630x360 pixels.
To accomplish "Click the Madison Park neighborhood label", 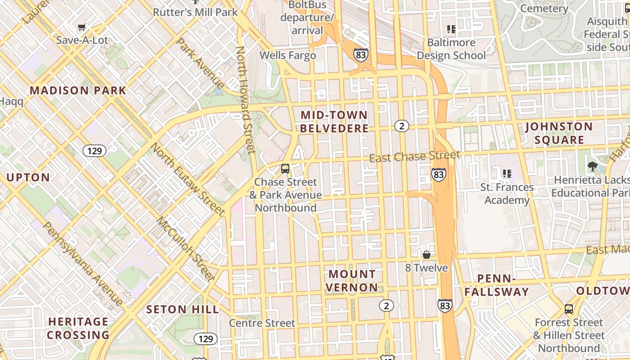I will [x=78, y=90].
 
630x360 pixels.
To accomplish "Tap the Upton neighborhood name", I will [x=28, y=177].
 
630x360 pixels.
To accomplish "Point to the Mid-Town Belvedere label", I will [x=334, y=121].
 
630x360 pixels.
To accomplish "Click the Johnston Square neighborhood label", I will [x=559, y=133].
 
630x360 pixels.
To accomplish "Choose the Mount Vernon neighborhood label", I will [x=352, y=280].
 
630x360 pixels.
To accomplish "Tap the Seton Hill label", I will [x=183, y=310].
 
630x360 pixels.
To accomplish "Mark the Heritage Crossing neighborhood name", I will [x=78, y=328].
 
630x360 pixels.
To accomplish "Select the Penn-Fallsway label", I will [x=496, y=285].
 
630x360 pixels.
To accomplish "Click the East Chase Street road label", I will [x=414, y=156].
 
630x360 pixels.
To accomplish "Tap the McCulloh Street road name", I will [x=185, y=248].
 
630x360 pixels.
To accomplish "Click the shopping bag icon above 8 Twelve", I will [x=426, y=255].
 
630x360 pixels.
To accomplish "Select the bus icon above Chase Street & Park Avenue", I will [x=285, y=169].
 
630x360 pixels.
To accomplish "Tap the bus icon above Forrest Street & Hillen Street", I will [x=569, y=309].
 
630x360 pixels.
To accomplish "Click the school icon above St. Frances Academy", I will [x=507, y=173].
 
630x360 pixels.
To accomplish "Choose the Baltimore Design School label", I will [x=451, y=49].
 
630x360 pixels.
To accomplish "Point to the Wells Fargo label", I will [x=288, y=55].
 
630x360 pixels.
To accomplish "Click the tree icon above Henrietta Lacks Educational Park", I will [x=592, y=166].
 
